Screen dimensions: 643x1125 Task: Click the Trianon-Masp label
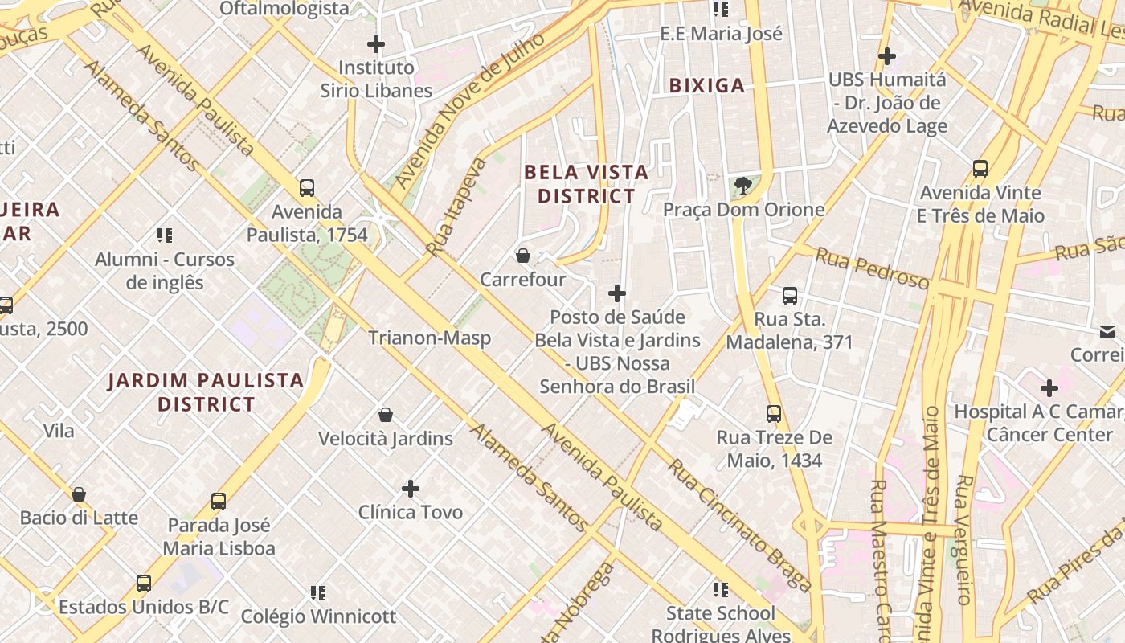point(429,338)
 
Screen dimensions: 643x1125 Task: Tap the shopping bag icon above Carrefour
point(523,256)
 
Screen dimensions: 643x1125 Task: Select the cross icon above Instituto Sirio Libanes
point(375,44)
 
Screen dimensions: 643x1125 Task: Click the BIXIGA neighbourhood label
point(707,85)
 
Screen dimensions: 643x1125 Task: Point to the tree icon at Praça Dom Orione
point(743,186)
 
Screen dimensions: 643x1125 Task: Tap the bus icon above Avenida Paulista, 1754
point(307,188)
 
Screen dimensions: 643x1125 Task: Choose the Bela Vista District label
point(586,184)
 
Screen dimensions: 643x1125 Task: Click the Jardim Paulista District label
point(207,392)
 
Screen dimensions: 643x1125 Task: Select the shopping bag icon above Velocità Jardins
point(386,415)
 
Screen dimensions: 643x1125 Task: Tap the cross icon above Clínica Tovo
point(411,489)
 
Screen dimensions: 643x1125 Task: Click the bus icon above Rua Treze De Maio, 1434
point(774,414)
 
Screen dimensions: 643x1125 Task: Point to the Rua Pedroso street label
point(872,268)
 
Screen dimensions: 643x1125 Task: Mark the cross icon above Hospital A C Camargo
point(1049,388)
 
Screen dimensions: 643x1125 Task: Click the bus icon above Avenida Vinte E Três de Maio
point(980,169)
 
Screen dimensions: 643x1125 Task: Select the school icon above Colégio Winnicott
point(318,593)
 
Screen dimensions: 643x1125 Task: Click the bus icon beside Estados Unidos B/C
point(144,584)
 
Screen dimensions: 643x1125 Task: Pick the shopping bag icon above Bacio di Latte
point(79,494)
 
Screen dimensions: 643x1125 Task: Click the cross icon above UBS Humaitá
point(887,56)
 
